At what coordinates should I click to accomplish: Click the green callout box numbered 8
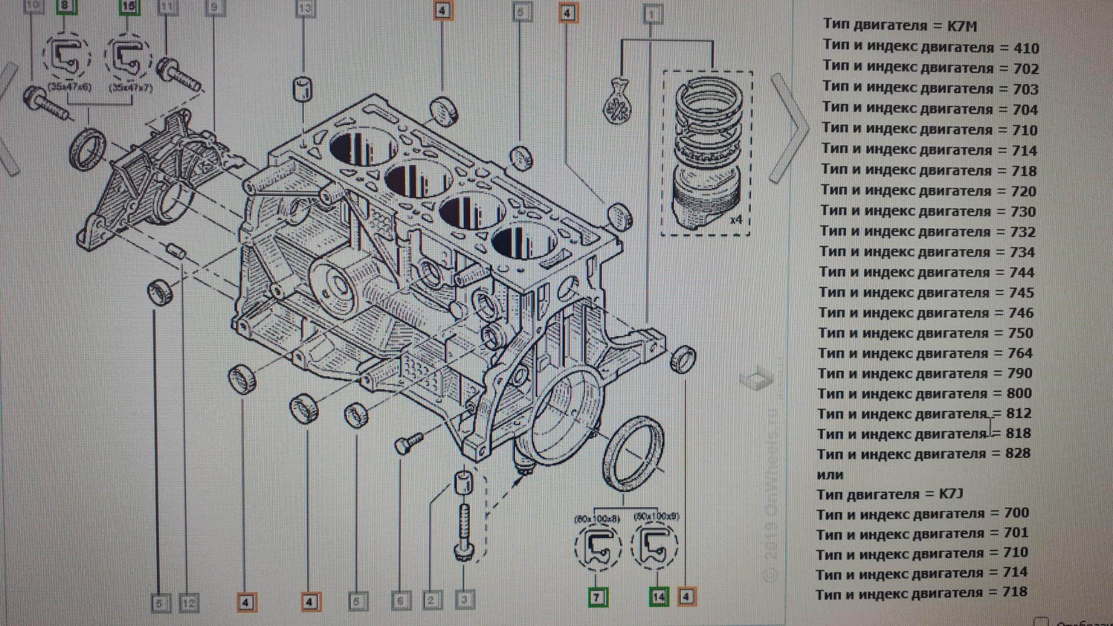(65, 6)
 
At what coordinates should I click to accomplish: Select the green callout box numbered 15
(129, 6)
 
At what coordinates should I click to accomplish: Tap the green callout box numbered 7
(597, 597)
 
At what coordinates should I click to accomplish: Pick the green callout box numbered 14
(659, 597)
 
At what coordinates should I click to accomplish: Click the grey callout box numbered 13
(305, 8)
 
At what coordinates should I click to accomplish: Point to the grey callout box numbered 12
(189, 603)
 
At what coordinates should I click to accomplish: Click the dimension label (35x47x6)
(69, 87)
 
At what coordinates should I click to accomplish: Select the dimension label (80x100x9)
(656, 516)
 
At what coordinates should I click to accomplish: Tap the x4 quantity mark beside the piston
(736, 220)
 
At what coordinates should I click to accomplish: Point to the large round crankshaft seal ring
(634, 454)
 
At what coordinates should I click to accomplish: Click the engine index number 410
(1026, 48)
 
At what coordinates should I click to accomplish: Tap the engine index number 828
(1018, 453)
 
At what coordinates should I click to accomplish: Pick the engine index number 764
(1020, 353)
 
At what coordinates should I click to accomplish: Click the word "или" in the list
(830, 475)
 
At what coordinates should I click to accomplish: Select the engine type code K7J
(951, 494)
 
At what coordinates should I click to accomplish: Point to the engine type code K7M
(962, 26)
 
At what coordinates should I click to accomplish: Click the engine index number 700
(1016, 513)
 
